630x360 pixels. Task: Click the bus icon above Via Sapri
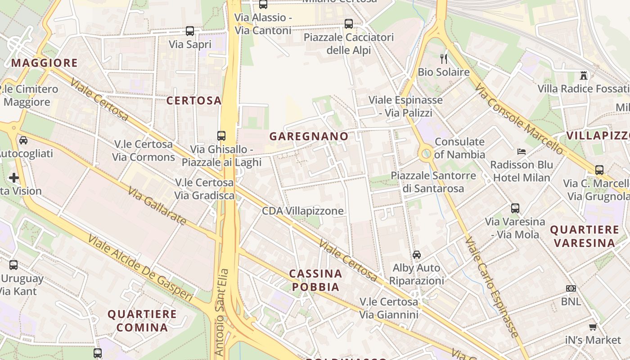pyautogui.click(x=190, y=31)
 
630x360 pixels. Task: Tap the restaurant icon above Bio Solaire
pyautogui.click(x=444, y=58)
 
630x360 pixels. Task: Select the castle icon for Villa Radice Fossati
pyautogui.click(x=584, y=75)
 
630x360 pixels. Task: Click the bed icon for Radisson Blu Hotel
pyautogui.click(x=522, y=152)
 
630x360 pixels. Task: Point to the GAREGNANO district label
pyautogui.click(x=309, y=136)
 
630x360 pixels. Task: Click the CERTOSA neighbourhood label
pyautogui.click(x=194, y=101)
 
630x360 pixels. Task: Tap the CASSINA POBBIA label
pyautogui.click(x=315, y=280)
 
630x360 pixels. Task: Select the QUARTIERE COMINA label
pyautogui.click(x=142, y=320)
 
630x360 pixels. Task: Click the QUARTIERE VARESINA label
pyautogui.click(x=584, y=236)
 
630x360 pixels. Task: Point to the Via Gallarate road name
pyautogui.click(x=157, y=207)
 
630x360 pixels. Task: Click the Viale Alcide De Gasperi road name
pyautogui.click(x=140, y=268)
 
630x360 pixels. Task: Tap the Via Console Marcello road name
pyautogui.click(x=518, y=118)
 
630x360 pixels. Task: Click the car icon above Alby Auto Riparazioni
pyautogui.click(x=417, y=255)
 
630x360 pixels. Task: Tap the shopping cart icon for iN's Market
pyautogui.click(x=593, y=327)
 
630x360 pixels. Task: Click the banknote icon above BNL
pyautogui.click(x=571, y=288)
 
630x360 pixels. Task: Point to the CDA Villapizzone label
pyautogui.click(x=303, y=211)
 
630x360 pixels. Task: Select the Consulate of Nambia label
pyautogui.click(x=459, y=148)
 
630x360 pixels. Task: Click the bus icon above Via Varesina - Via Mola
pyautogui.click(x=515, y=208)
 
